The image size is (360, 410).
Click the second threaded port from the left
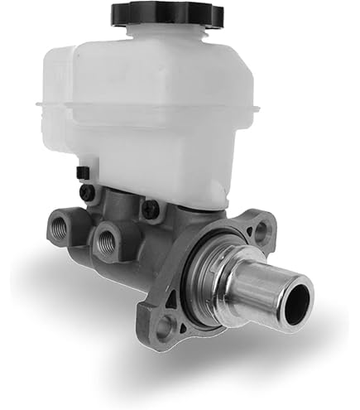tap(107, 242)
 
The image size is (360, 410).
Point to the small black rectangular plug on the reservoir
tap(82, 171)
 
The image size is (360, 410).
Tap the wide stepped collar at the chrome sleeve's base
tap(217, 273)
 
